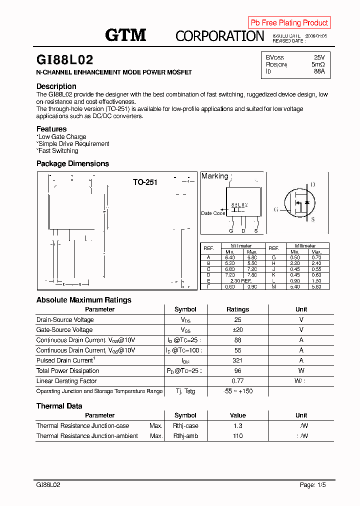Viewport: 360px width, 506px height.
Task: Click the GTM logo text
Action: (125, 35)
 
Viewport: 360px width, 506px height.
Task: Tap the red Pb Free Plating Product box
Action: (289, 22)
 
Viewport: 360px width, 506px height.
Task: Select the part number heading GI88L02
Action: (65, 60)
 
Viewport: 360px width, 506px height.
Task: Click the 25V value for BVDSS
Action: (319, 57)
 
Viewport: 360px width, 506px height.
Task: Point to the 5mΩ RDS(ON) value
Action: (318, 64)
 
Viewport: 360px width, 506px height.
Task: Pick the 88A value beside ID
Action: (319, 71)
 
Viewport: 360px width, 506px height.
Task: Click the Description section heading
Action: (56, 86)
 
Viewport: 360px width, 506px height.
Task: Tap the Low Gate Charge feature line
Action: (61, 136)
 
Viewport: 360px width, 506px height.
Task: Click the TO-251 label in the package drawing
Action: (145, 182)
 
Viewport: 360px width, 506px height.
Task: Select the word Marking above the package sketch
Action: (214, 176)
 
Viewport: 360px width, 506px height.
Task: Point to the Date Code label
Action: (213, 213)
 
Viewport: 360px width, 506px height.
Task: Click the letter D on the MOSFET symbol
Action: (313, 184)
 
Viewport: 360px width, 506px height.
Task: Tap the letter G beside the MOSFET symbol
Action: (275, 209)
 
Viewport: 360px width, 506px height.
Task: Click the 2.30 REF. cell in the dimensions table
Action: (240, 280)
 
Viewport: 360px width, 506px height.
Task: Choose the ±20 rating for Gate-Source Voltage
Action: (237, 330)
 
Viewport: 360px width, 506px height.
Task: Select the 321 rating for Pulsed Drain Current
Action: (237, 360)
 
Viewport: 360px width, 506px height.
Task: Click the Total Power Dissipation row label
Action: (67, 370)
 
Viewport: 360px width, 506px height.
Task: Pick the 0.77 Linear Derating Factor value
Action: (237, 381)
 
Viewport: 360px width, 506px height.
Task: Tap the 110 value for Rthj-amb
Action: (237, 436)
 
